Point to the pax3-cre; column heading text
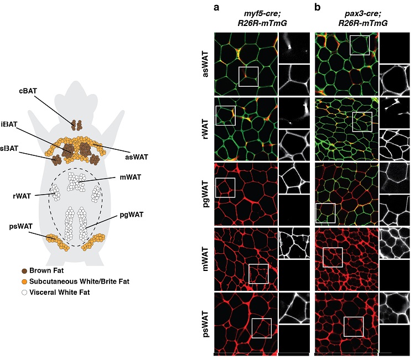tap(347, 16)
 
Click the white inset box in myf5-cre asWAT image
tap(248, 76)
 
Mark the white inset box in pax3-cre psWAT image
tap(354, 326)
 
